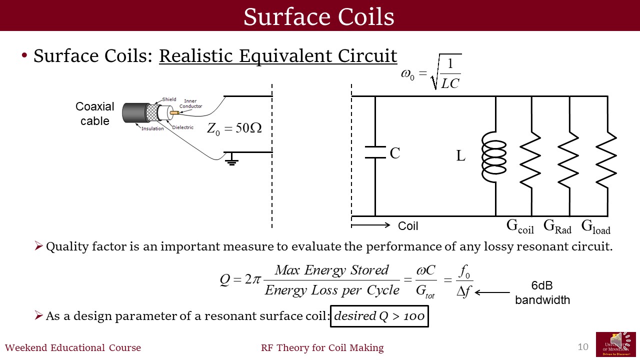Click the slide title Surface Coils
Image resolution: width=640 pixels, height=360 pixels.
click(x=319, y=16)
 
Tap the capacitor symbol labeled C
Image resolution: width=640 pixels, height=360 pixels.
click(x=375, y=152)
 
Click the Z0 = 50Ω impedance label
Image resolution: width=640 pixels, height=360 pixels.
click(x=234, y=128)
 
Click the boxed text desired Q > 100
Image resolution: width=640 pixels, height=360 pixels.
click(x=379, y=316)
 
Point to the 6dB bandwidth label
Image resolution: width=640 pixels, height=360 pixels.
click(x=542, y=293)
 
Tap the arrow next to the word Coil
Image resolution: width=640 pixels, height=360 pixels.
click(x=371, y=225)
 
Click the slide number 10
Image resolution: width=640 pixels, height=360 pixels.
click(x=583, y=346)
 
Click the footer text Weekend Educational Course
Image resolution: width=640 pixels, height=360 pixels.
click(x=73, y=348)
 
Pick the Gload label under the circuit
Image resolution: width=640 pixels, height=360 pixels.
click(x=595, y=227)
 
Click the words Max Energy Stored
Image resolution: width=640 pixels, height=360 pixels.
click(x=331, y=270)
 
